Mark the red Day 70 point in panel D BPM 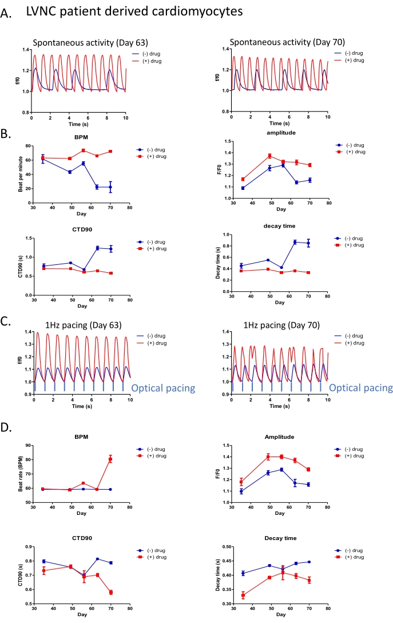click(x=110, y=459)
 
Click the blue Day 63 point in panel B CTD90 click(x=97, y=248)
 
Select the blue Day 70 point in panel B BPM click(x=110, y=187)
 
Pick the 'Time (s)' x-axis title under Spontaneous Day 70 click(x=279, y=122)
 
